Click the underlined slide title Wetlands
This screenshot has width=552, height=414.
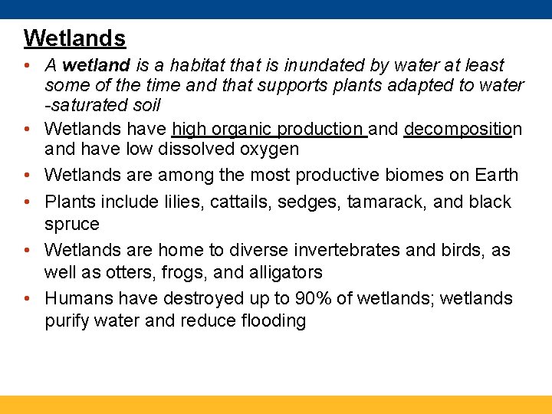point(74,38)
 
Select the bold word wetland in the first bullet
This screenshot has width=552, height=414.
point(96,66)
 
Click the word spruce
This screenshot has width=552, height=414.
point(72,224)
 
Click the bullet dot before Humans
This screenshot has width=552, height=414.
point(28,298)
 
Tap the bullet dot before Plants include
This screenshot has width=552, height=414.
point(28,202)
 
